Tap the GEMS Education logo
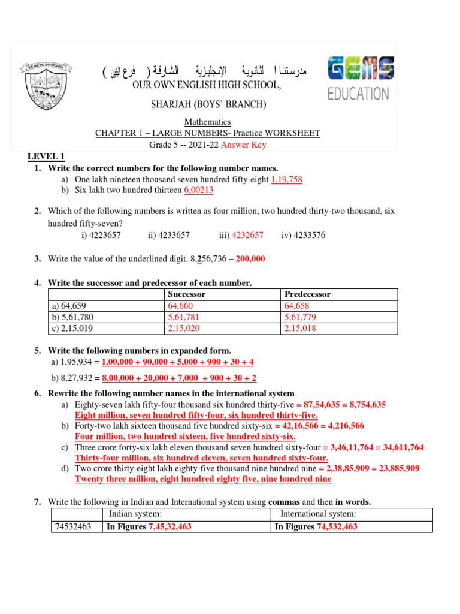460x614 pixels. coord(359,78)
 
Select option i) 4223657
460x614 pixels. coord(101,235)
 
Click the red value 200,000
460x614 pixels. coord(250,259)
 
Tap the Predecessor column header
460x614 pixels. coord(307,294)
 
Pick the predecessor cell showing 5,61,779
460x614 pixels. coord(301,317)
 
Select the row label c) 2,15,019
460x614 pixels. coord(72,329)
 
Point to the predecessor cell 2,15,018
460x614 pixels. coord(301,329)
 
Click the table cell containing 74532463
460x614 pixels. coord(72,527)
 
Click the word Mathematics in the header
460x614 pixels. coord(207,122)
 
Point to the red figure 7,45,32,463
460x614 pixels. coord(170,527)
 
